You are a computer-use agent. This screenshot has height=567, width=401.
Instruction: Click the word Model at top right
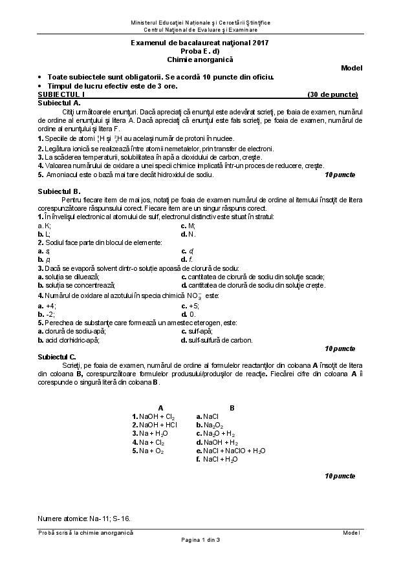[x=352, y=68]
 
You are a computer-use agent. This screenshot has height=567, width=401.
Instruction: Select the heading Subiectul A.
[x=59, y=103]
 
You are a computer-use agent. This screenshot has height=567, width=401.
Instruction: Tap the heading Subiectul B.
[x=59, y=191]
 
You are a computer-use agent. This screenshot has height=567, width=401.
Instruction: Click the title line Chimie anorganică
[x=200, y=59]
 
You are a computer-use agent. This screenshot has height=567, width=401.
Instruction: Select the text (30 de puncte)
[x=332, y=94]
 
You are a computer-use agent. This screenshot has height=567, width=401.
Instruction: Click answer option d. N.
[x=188, y=234]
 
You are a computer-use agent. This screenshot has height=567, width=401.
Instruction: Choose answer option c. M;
[x=188, y=226]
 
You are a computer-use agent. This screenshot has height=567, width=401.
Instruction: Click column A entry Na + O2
[x=148, y=451]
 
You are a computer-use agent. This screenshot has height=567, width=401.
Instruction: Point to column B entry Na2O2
[x=209, y=425]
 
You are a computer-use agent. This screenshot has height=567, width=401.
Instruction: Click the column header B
[x=232, y=407]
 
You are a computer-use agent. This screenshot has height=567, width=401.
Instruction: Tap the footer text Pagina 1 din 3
[x=200, y=540]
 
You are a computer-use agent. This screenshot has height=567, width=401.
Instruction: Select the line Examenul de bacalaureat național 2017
[x=200, y=43]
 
